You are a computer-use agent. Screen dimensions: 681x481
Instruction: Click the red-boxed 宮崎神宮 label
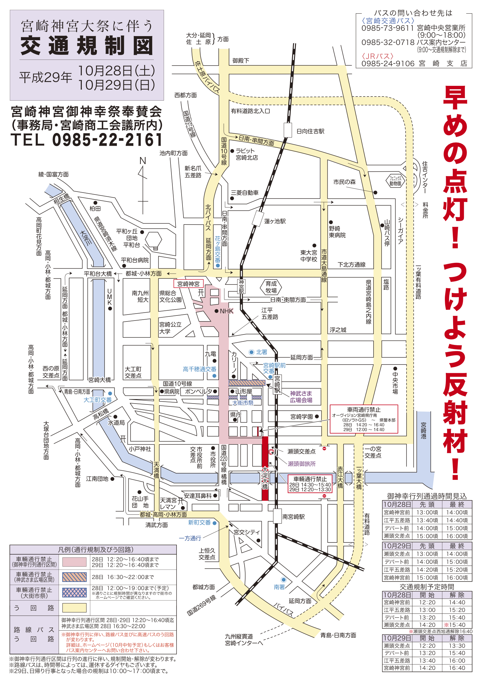(188, 284)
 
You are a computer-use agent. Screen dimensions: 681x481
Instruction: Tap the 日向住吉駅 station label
(310, 131)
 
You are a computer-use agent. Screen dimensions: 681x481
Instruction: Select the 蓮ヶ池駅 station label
(275, 221)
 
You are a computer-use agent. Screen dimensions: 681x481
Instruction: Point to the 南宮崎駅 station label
(293, 517)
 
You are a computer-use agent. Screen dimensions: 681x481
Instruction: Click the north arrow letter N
(143, 161)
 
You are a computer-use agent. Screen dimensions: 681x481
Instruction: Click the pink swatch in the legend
(74, 562)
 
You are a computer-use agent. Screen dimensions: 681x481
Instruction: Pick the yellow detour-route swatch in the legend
(74, 608)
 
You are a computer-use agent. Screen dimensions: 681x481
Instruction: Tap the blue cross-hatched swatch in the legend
(74, 592)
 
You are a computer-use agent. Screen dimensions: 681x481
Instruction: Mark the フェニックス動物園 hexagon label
(395, 181)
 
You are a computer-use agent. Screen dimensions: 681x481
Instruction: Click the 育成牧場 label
(271, 287)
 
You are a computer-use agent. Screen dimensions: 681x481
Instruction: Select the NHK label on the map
(226, 311)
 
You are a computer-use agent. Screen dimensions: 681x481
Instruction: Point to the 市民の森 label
(344, 182)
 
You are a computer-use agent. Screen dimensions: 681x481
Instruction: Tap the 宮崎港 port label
(423, 430)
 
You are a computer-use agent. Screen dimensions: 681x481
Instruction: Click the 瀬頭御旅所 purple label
(301, 464)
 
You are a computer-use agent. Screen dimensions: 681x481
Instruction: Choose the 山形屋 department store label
(243, 391)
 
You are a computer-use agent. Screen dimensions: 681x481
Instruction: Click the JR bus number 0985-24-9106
(388, 64)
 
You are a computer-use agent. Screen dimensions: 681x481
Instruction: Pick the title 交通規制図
(87, 46)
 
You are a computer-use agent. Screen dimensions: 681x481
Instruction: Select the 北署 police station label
(261, 352)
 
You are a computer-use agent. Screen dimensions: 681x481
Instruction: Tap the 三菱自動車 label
(244, 193)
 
